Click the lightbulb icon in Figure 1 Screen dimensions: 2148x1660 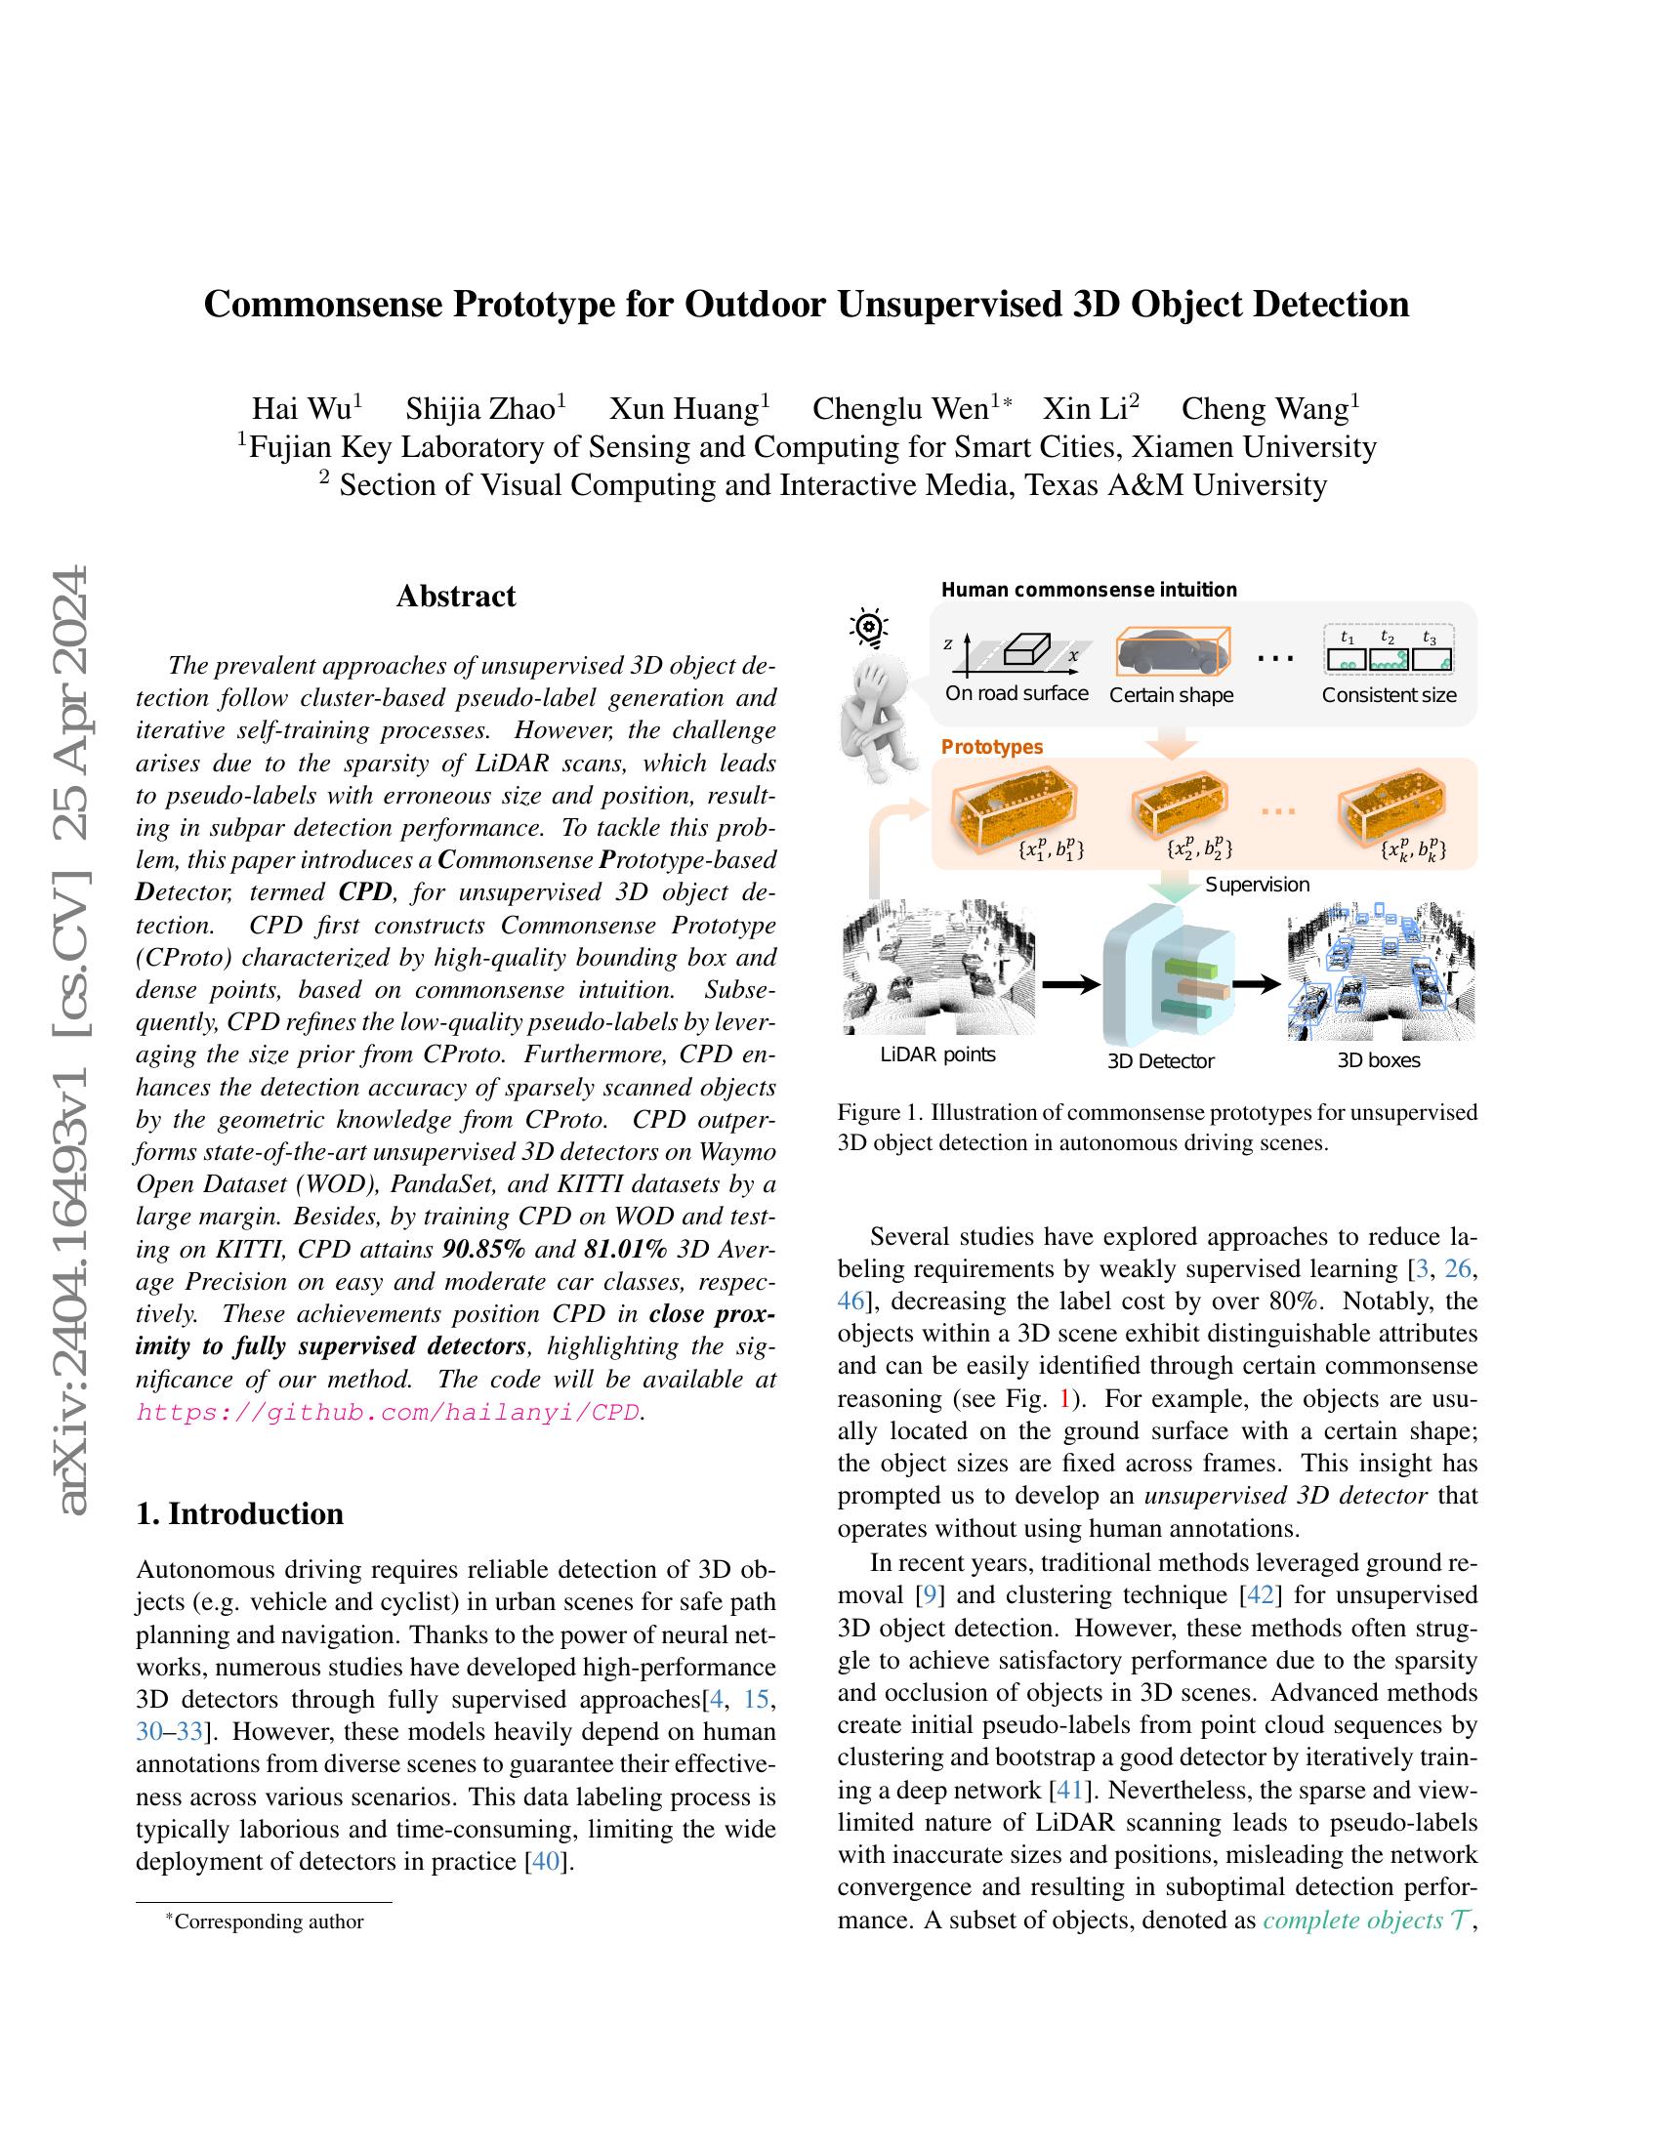(868, 628)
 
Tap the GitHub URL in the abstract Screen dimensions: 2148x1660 (388, 1414)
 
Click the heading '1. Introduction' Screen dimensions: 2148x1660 (240, 1512)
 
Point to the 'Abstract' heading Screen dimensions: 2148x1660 (455, 596)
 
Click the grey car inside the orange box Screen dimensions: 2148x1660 (1167, 651)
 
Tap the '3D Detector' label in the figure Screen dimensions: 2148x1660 (1160, 1061)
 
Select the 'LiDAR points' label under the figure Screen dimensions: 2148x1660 (937, 1055)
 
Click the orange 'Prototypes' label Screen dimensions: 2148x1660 (991, 748)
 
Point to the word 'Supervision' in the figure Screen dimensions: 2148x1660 (1257, 886)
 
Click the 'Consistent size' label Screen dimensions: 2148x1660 (1389, 695)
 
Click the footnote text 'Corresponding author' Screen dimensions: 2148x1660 (269, 1921)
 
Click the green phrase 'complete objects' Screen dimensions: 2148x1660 (1352, 1920)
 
